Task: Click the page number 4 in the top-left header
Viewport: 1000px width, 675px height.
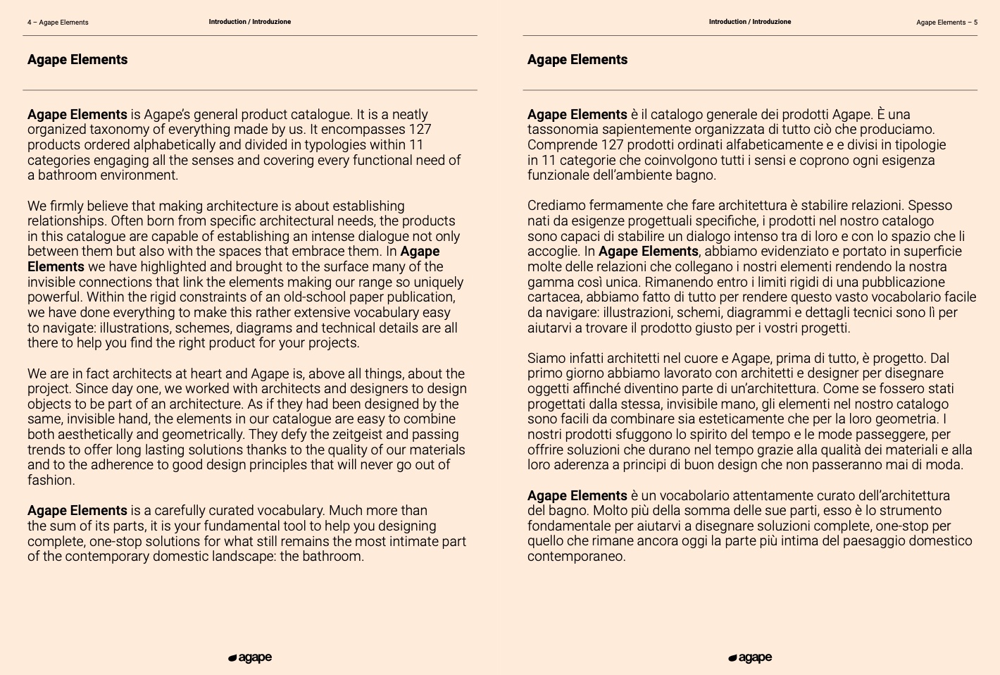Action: point(30,23)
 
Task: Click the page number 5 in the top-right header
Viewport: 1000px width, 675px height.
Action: point(975,23)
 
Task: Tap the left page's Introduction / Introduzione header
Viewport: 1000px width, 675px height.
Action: point(249,22)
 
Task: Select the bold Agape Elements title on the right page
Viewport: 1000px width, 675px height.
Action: point(577,60)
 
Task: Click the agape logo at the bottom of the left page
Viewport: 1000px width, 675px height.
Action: point(250,658)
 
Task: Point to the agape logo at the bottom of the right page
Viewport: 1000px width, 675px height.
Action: point(750,658)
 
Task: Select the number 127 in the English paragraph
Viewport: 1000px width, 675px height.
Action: point(419,130)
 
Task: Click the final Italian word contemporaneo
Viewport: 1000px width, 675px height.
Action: point(575,557)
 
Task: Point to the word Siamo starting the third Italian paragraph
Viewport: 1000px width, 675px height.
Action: point(545,359)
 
